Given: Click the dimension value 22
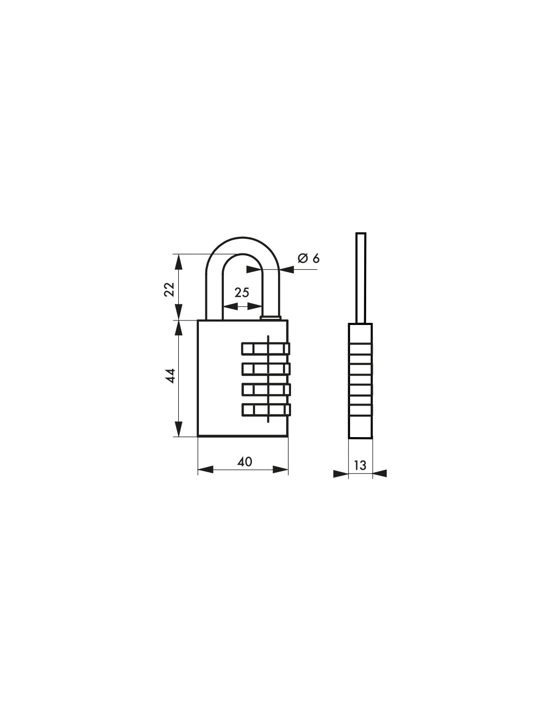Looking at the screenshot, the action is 169,289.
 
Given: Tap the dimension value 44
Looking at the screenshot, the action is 170,376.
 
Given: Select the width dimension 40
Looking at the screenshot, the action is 244,462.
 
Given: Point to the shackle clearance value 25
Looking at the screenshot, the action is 242,292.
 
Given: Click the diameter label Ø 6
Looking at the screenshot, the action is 308,258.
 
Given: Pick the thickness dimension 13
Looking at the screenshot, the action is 360,465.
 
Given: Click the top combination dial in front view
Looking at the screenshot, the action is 265,348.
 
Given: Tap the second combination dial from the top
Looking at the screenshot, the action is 266,369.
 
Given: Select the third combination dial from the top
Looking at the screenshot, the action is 266,389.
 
